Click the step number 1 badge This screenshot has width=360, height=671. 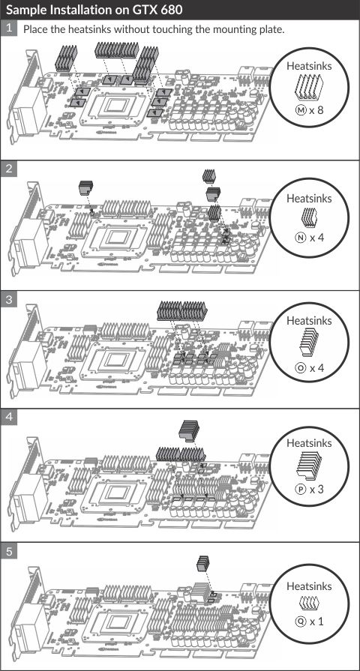[8, 28]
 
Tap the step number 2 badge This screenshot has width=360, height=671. [8, 169]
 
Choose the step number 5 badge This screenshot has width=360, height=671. [8, 552]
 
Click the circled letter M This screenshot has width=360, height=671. [301, 110]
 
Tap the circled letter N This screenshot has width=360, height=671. [301, 237]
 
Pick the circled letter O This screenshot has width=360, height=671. [301, 367]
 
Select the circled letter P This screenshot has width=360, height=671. [301, 489]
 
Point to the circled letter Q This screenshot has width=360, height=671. [301, 621]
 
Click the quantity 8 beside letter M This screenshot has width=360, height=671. [319, 110]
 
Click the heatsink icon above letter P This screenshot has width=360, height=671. [309, 465]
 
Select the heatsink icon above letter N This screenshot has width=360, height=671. [309, 217]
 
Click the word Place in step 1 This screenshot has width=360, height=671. [34, 29]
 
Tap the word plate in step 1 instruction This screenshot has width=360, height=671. [272, 29]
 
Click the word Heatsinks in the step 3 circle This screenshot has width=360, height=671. [309, 320]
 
